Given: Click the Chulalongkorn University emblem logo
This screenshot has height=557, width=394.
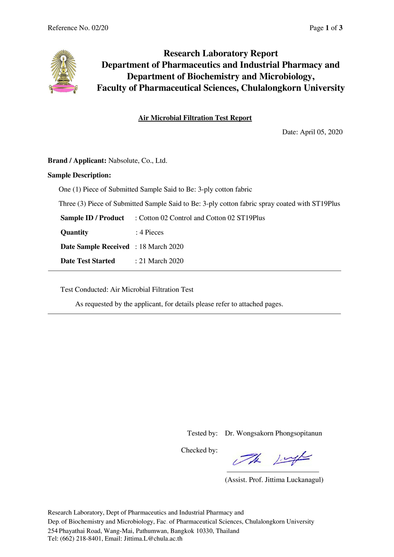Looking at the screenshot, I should pyautogui.click(x=63, y=71).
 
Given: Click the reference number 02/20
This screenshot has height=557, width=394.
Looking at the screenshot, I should pyautogui.click(x=100, y=28).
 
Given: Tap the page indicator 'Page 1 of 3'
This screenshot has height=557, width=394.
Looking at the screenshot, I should pyautogui.click(x=326, y=28).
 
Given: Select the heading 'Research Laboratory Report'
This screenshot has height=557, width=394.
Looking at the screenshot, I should pyautogui.click(x=221, y=54).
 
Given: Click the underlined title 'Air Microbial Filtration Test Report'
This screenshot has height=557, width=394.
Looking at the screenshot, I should pyautogui.click(x=195, y=118).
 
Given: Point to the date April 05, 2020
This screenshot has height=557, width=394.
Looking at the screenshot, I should pyautogui.click(x=321, y=132).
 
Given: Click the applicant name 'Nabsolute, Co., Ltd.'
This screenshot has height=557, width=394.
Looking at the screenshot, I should pyautogui.click(x=138, y=161).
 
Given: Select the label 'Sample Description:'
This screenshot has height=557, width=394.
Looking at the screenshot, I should pyautogui.click(x=79, y=175).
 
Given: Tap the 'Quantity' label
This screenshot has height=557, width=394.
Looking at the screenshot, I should pyautogui.click(x=74, y=232).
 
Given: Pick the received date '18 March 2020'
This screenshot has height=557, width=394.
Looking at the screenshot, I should pyautogui.click(x=161, y=247).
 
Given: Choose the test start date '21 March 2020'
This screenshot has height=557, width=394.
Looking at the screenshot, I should pyautogui.click(x=161, y=261).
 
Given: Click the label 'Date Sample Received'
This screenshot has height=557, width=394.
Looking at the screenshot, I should pyautogui.click(x=95, y=247).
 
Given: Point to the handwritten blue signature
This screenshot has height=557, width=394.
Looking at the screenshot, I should pyautogui.click(x=272, y=459).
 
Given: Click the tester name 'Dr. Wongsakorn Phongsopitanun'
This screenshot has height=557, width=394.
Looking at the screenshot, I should pyautogui.click(x=273, y=433).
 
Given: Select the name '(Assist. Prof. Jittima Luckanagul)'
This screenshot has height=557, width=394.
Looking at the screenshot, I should pyautogui.click(x=274, y=480).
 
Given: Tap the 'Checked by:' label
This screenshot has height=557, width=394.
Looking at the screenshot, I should pyautogui.click(x=199, y=450).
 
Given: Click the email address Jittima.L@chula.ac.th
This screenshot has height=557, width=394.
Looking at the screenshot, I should pyautogui.click(x=153, y=538).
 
